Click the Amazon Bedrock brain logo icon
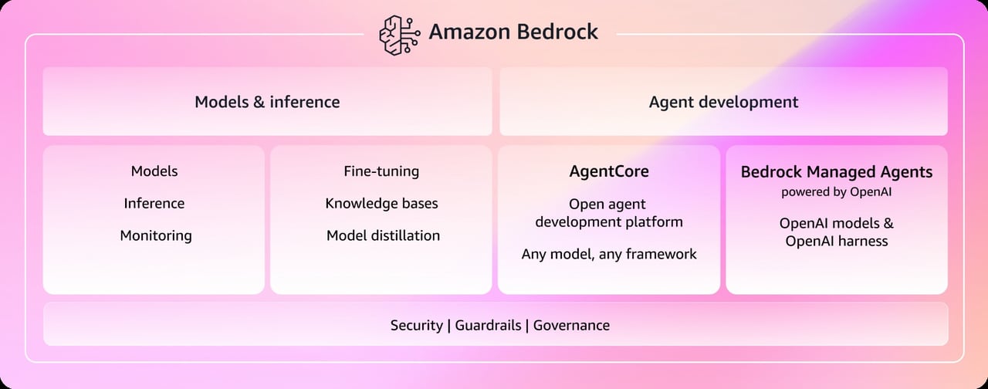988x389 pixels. coord(398,33)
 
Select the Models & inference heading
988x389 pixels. coord(267,102)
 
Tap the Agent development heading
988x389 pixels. coord(723,102)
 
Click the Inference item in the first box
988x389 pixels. coord(154,204)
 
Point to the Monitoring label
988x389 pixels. coord(155,236)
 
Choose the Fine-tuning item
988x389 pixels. coord(381,171)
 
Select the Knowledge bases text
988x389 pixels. coord(381,204)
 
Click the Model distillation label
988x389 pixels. coord(383,236)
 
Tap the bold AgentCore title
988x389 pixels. coord(609,171)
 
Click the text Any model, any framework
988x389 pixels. coord(609,254)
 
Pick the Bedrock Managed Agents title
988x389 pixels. coord(837,171)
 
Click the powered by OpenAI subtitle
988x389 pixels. coord(837,192)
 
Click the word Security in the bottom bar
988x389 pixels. coord(416,326)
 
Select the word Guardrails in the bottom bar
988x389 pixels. coord(488,326)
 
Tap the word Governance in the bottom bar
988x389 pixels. coord(571,326)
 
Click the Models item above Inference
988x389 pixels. coord(154,171)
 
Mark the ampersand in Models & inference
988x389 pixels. coord(258,102)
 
